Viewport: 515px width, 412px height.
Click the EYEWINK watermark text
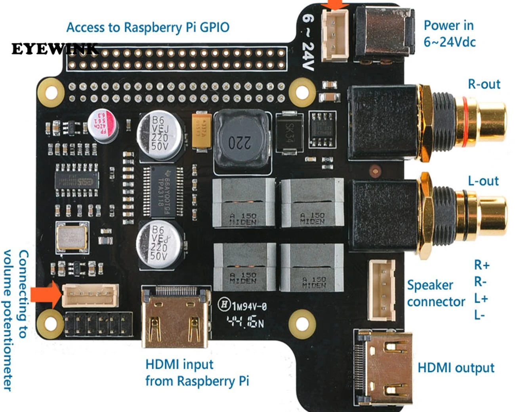(55, 49)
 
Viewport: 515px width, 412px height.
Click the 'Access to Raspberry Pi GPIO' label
(148, 27)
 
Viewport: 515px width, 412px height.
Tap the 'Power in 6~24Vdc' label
(449, 33)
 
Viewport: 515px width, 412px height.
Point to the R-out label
(484, 84)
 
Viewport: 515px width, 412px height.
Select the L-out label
(483, 181)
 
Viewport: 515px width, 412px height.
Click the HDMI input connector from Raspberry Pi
(176, 317)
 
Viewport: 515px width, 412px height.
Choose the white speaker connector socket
(381, 290)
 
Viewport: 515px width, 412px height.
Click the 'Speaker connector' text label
(435, 293)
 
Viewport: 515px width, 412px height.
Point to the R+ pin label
(481, 265)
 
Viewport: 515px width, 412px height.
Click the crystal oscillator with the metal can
(72, 237)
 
